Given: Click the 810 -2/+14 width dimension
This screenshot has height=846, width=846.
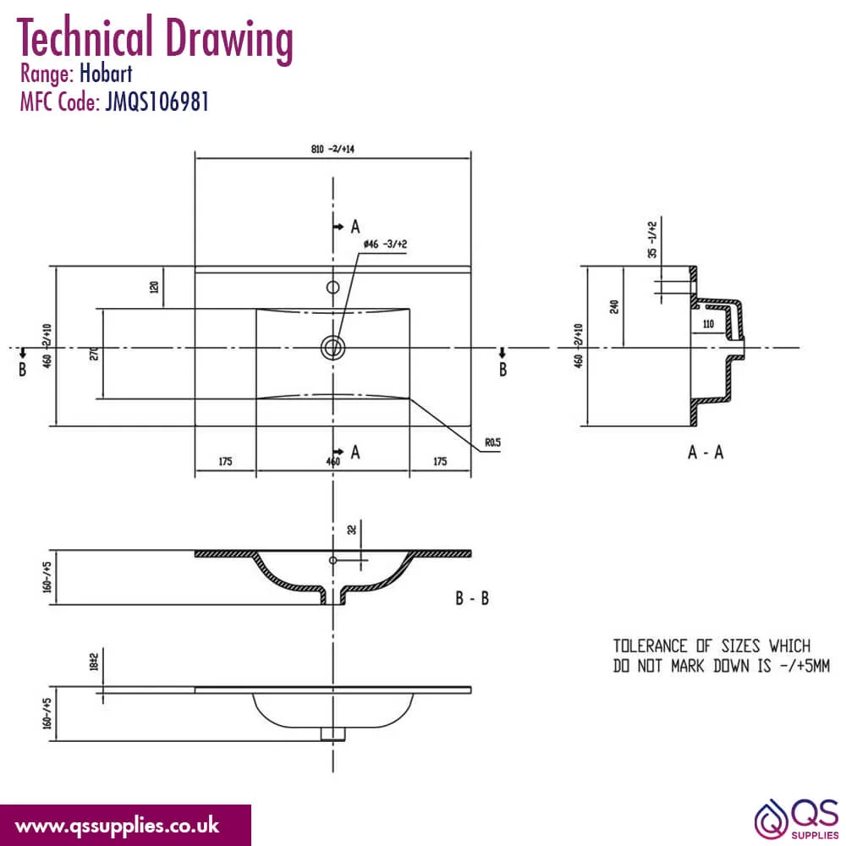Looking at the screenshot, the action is point(332,149).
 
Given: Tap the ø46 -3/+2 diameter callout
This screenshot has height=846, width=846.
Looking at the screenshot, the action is point(385,244).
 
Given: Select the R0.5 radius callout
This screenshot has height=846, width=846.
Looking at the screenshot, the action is point(492,442).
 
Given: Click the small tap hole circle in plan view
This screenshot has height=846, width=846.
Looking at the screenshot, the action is point(332,287).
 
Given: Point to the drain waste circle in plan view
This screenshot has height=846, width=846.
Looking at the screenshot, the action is point(332,348).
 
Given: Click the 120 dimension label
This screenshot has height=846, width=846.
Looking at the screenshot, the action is point(154,287).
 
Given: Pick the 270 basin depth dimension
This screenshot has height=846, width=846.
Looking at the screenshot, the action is point(94,354).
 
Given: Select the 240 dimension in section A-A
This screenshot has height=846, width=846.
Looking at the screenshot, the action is point(614,307).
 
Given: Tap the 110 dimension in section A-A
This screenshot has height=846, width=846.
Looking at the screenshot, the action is point(708,324).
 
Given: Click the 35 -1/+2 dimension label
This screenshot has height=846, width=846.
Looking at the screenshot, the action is point(653,239).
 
